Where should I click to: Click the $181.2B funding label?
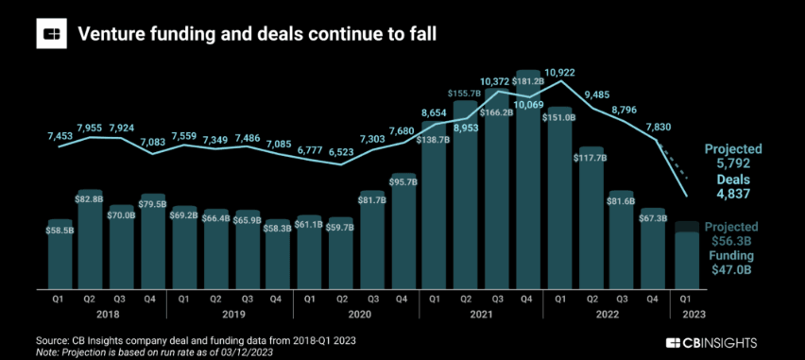(528, 81)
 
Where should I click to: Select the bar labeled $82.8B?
(92, 239)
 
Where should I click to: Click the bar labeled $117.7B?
(591, 217)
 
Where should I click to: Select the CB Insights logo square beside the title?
(51, 33)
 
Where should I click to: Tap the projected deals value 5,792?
(734, 164)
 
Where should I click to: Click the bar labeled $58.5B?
(60, 254)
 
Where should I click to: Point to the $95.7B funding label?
(404, 181)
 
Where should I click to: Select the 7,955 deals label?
(91, 127)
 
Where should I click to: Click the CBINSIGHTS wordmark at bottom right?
(711, 343)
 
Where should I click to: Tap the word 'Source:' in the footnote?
(50, 341)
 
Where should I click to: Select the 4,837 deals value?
(734, 194)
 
